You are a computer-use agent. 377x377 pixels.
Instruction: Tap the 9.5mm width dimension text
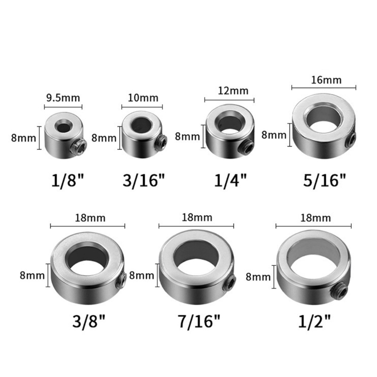63,98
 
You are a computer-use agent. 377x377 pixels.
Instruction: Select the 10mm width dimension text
142,98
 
